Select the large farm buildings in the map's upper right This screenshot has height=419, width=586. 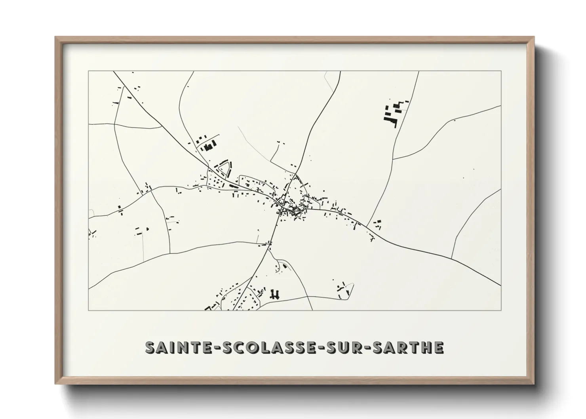click(x=393, y=113)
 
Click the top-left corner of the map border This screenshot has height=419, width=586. click(x=89, y=71)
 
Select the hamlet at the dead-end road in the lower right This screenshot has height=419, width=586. click(x=344, y=289)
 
